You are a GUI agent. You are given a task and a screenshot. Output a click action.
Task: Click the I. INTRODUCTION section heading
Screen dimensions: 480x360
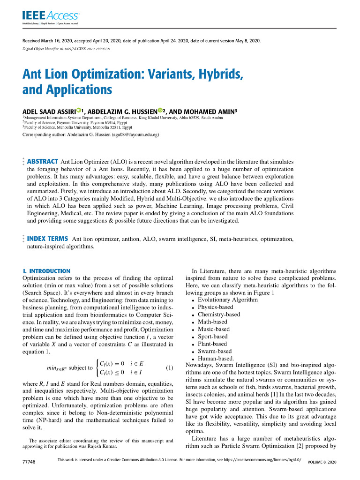46,271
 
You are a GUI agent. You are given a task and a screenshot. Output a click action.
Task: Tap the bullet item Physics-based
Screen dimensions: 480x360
215,307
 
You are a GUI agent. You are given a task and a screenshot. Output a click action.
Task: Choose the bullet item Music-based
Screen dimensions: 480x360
214,329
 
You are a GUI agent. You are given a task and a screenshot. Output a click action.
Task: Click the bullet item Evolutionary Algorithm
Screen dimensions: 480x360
227,300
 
